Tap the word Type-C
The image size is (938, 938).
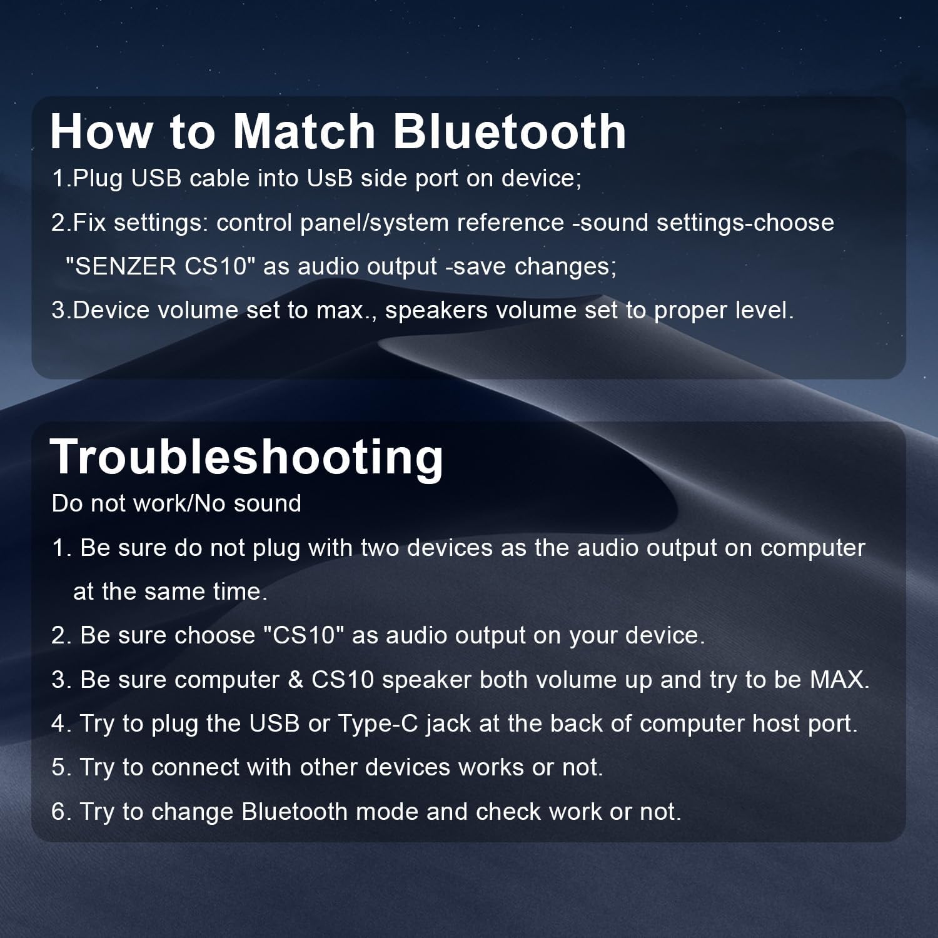[x=378, y=724]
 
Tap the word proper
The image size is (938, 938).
[x=689, y=311]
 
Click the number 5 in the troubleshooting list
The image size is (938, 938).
[x=58, y=767]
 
